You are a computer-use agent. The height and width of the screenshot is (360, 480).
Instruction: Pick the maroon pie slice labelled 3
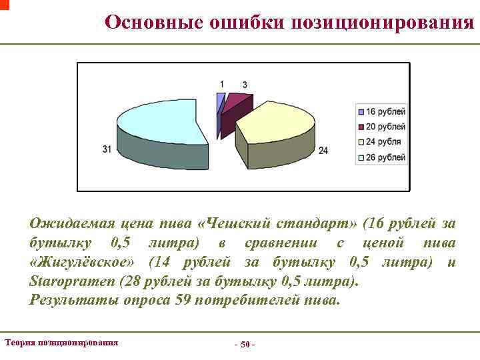pos(233,103)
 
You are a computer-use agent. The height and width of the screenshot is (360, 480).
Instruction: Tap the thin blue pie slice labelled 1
pos(221,101)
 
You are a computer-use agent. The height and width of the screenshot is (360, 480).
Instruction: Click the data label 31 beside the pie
pos(107,149)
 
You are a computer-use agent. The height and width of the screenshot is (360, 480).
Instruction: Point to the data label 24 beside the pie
pos(323,151)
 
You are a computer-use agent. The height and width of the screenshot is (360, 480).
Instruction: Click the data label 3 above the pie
pos(245,85)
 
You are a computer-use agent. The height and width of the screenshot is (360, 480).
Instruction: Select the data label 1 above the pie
pos(222,84)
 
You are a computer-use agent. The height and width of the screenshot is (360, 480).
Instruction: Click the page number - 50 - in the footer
pos(244,345)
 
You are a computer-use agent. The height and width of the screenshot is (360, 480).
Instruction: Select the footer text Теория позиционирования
pos(61,342)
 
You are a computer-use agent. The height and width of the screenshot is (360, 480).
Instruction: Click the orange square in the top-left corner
pos(4,4)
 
